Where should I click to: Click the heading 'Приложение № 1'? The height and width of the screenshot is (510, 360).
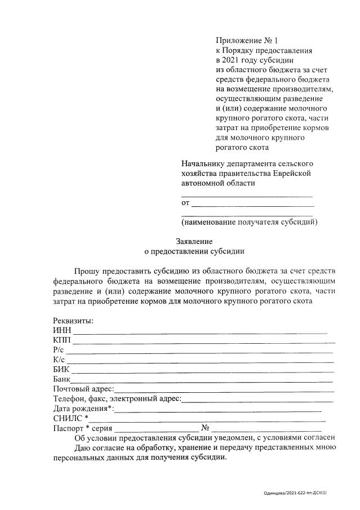pyautogui.click(x=247, y=41)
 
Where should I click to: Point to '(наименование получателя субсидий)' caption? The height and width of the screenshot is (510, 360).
pyautogui.click(x=249, y=221)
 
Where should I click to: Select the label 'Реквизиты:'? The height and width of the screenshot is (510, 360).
pyautogui.click(x=73, y=321)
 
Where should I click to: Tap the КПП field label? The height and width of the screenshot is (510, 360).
pyautogui.click(x=62, y=340)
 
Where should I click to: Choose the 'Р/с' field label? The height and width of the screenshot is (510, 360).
pyautogui.click(x=60, y=349)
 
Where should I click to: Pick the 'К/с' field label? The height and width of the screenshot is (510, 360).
pyautogui.click(x=59, y=360)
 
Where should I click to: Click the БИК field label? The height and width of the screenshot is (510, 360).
pyautogui.click(x=61, y=369)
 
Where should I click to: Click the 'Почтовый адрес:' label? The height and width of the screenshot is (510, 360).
pyautogui.click(x=83, y=389)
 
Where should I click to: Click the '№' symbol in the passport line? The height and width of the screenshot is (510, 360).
pyautogui.click(x=206, y=427)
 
